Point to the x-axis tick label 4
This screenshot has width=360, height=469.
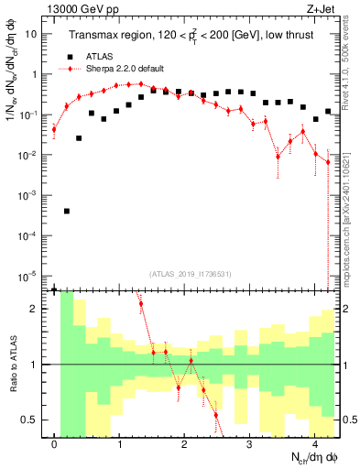[314, 444]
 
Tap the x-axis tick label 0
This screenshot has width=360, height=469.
[55, 444]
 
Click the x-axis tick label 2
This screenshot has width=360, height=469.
[184, 444]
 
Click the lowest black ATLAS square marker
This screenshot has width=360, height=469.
[67, 211]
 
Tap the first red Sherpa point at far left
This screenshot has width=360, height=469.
[54, 129]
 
